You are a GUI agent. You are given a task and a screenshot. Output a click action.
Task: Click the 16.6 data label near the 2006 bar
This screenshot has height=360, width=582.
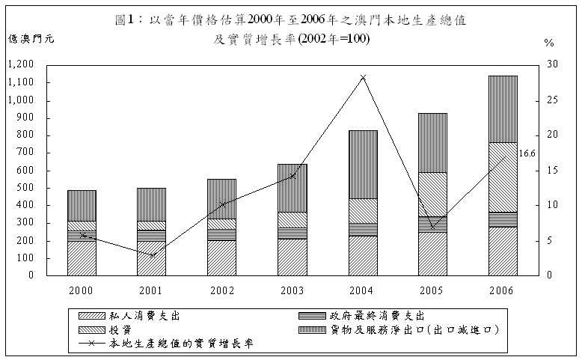click(527, 153)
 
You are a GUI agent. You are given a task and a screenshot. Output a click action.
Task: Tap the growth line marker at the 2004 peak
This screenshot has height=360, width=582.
click(363, 77)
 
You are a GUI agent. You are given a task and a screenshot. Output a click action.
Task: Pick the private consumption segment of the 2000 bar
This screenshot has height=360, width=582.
click(82, 257)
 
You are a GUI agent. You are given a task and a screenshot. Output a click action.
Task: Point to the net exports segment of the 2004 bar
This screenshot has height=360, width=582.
click(363, 164)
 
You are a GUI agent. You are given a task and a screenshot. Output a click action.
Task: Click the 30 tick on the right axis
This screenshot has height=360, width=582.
click(552, 64)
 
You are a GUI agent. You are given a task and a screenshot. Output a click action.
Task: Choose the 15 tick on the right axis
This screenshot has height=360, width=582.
click(552, 170)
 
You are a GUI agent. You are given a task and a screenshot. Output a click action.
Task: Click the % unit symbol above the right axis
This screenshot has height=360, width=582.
click(549, 43)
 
